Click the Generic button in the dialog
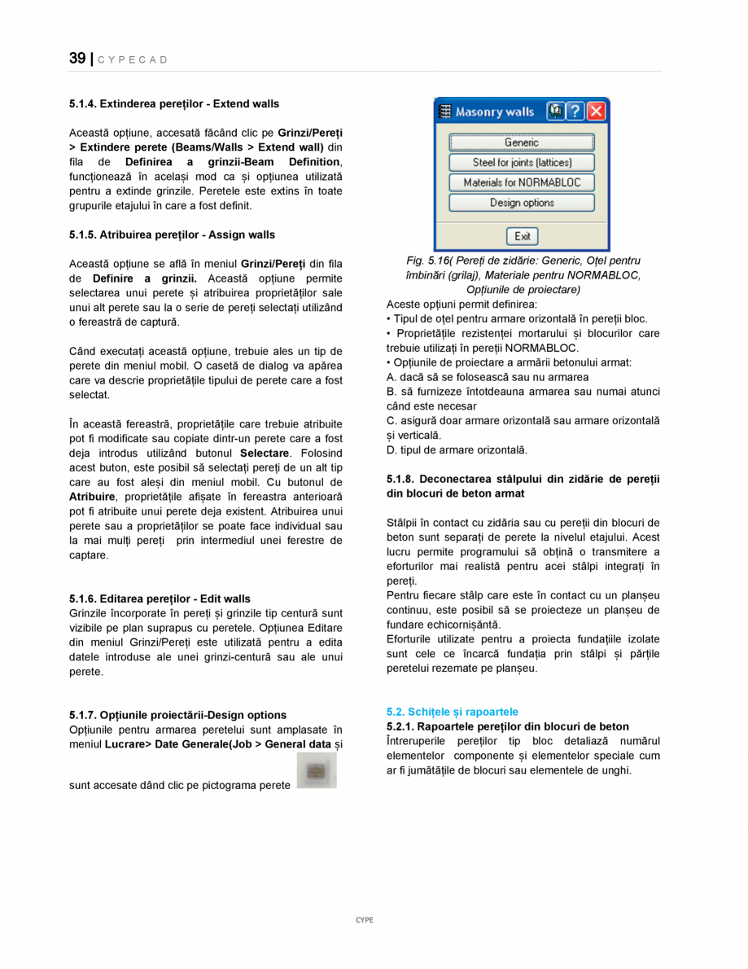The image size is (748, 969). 521,142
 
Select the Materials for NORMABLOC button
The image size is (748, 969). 521,182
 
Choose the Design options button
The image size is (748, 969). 521,203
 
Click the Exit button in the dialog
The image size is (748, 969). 522,236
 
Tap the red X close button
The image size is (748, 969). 597,111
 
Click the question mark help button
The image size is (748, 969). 575,111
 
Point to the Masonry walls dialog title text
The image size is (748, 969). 494,112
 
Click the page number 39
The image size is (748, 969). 77,59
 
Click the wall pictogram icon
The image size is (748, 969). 317,770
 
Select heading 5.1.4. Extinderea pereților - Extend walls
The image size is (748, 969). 174,104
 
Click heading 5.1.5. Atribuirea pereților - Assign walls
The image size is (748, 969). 172,235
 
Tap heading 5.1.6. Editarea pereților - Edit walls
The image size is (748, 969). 160,598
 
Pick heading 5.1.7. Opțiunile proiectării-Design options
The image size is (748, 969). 177,715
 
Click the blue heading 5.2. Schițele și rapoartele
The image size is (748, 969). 452,712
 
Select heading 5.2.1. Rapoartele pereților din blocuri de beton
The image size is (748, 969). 507,726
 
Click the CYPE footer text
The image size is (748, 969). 365,919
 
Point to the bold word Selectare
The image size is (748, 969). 265,453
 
